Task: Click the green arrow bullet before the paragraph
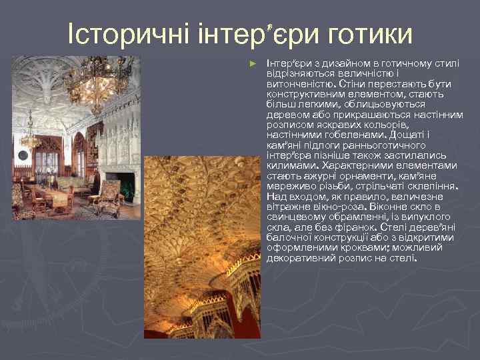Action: (251, 63)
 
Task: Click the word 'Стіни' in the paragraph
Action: (351, 84)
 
